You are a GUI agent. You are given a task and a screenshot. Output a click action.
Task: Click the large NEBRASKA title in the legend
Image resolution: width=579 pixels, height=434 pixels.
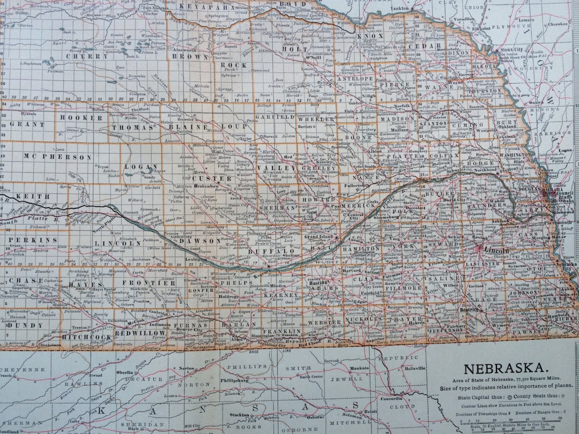(x=506, y=369)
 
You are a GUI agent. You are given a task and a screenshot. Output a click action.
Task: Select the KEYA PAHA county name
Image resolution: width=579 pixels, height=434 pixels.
(x=207, y=7)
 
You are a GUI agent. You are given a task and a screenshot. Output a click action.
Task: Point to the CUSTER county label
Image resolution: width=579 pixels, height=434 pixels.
(x=205, y=178)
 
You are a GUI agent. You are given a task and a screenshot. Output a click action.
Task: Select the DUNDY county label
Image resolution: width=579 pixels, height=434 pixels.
(x=25, y=325)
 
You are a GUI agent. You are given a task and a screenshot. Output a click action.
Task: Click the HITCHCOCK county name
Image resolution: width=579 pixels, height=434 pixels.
(x=87, y=337)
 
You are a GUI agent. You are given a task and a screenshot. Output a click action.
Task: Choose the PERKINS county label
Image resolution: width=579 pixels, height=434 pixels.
(x=33, y=240)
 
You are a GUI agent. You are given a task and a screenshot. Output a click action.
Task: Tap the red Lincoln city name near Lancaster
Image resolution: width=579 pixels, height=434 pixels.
(x=496, y=250)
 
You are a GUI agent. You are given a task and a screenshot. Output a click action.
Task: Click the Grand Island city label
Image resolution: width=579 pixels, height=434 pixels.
(x=318, y=236)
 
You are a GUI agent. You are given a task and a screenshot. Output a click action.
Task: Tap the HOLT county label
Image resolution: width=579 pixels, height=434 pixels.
(x=287, y=49)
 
